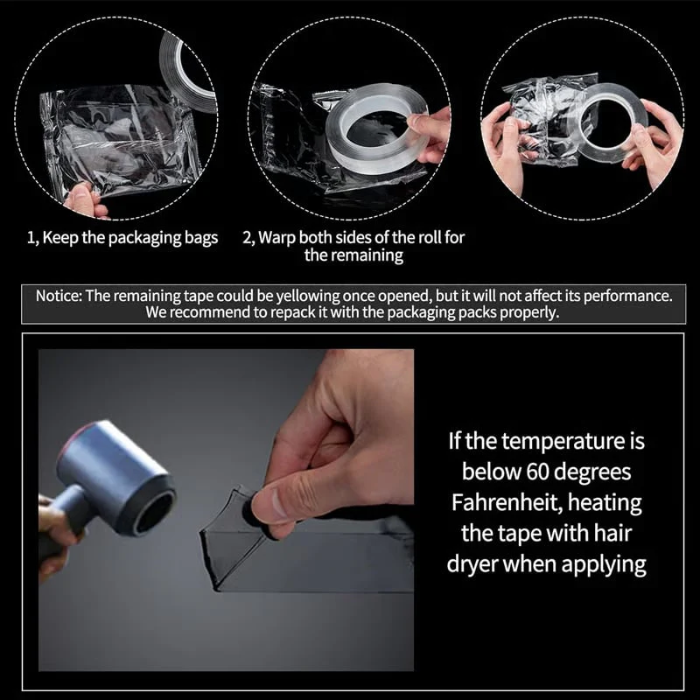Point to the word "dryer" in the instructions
[478, 564]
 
